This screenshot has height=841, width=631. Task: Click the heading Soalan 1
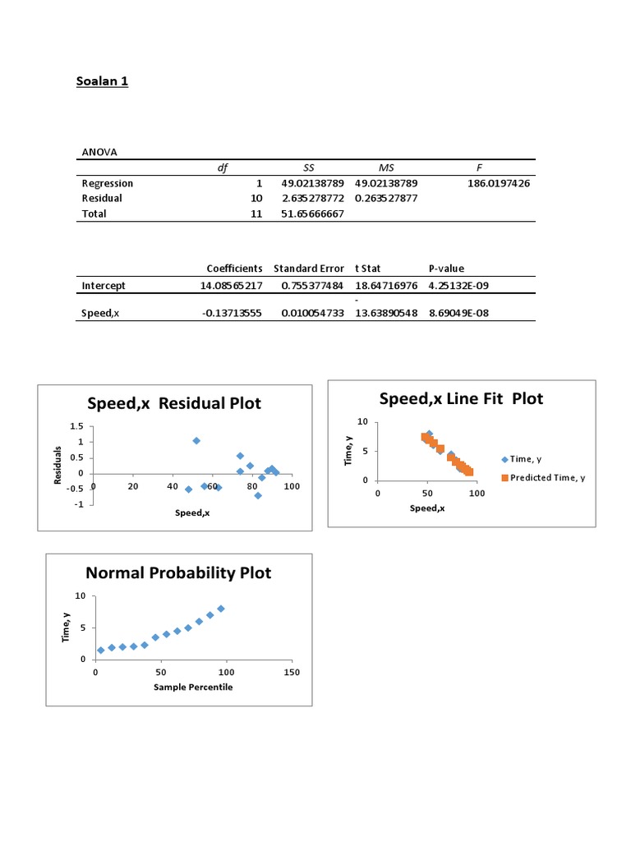click(102, 81)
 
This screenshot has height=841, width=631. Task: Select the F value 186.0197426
click(499, 184)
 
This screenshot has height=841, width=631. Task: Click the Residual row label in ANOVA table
click(102, 199)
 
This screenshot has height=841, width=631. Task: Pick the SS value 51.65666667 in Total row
click(311, 214)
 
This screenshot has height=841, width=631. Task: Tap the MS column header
click(386, 168)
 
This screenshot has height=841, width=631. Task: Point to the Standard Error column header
click(309, 269)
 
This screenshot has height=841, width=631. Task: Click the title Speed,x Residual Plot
click(174, 403)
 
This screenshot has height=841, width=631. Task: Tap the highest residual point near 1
click(196, 441)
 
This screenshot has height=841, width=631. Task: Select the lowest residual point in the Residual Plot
click(258, 495)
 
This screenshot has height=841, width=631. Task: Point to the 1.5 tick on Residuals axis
click(77, 426)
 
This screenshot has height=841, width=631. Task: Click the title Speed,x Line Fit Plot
click(461, 398)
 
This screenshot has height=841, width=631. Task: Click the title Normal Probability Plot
click(179, 572)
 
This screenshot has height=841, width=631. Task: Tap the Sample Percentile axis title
click(193, 687)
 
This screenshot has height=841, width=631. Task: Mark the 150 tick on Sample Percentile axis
click(291, 673)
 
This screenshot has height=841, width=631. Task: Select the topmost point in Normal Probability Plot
click(221, 609)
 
